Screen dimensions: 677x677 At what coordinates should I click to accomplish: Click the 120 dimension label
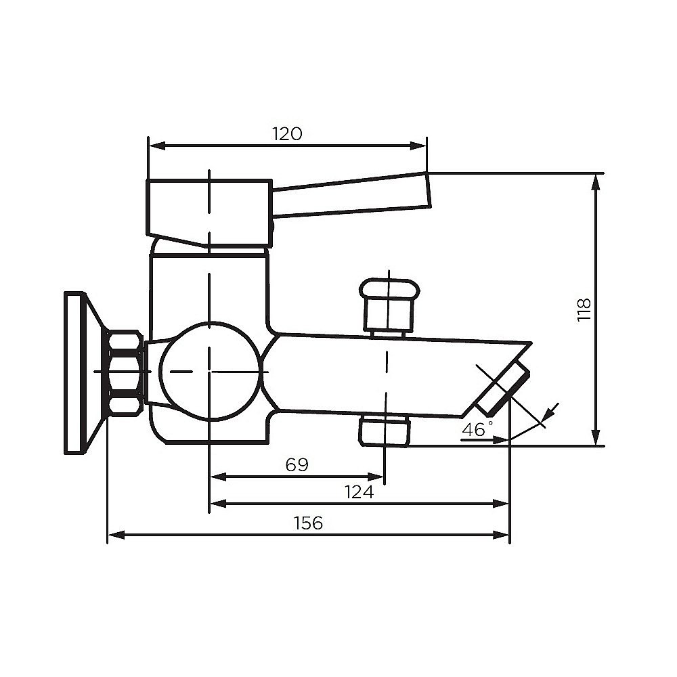click(287, 133)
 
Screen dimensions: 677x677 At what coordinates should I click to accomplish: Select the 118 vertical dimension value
click(584, 309)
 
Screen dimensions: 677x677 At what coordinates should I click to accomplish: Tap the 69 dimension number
click(297, 464)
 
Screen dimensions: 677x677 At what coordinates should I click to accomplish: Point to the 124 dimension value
click(359, 492)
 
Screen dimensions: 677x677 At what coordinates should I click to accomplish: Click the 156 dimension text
click(308, 523)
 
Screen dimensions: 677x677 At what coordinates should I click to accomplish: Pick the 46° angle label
click(477, 429)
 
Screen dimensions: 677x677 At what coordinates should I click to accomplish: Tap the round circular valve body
click(210, 371)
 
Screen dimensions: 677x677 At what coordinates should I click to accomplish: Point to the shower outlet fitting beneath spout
click(385, 431)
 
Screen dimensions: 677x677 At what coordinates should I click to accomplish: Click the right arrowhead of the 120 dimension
click(422, 146)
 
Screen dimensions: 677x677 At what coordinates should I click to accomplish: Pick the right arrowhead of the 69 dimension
click(380, 477)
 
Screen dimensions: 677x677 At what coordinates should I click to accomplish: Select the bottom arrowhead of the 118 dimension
click(596, 441)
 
